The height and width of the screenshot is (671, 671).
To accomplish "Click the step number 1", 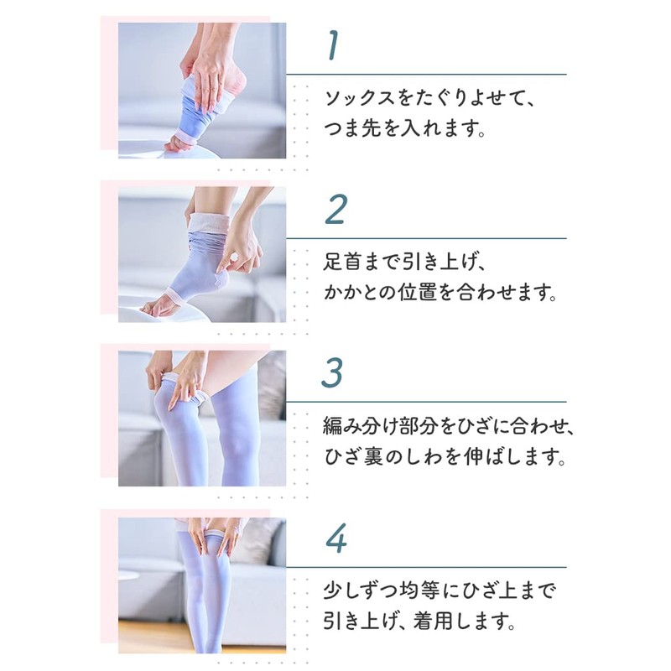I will (333, 47).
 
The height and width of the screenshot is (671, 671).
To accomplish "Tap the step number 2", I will (335, 210).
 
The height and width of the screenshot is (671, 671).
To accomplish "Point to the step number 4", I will (335, 538).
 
